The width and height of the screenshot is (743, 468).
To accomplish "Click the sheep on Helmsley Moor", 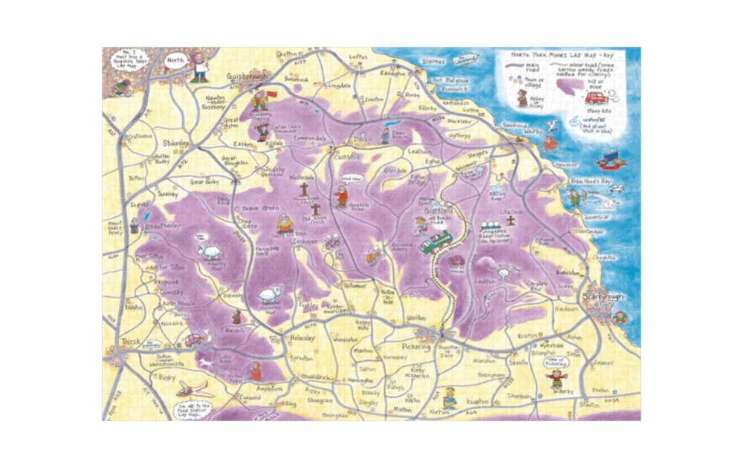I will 267,296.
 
